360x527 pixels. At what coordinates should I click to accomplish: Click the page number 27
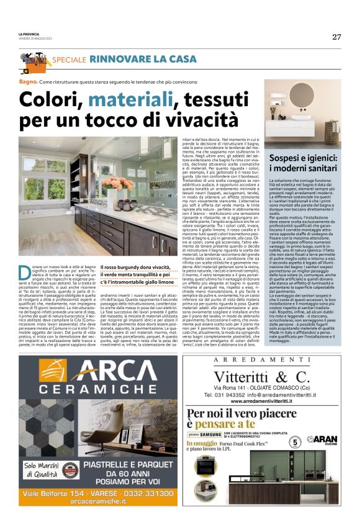(x=336, y=37)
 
